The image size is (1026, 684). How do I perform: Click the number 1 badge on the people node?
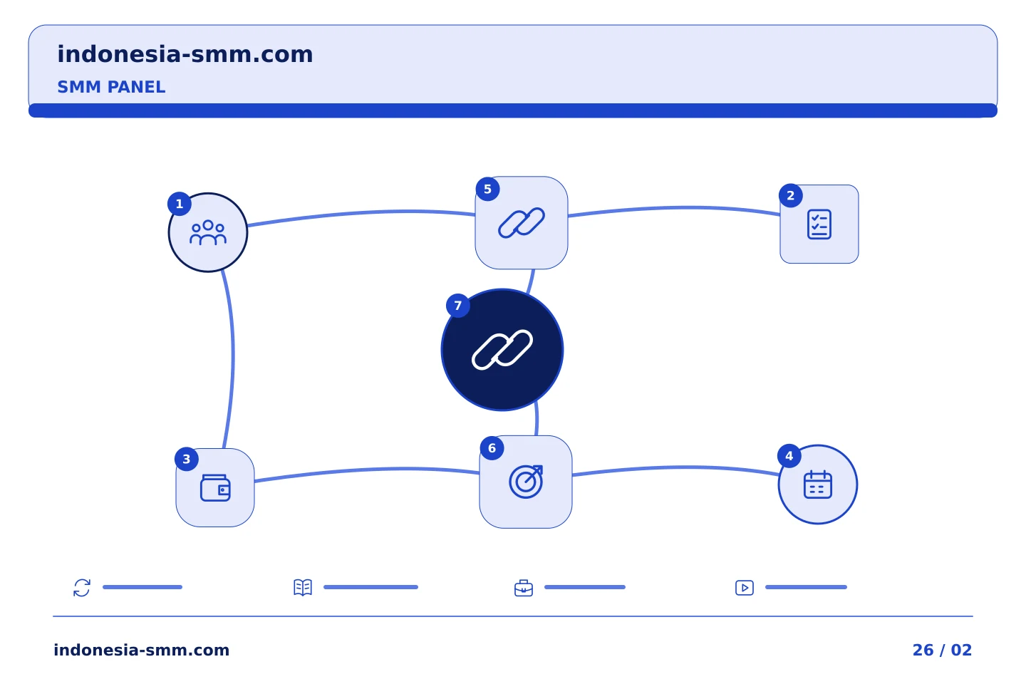click(x=180, y=204)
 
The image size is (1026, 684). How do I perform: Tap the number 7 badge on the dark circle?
click(x=458, y=306)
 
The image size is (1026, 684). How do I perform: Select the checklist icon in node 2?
click(x=819, y=224)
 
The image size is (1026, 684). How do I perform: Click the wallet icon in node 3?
click(x=215, y=487)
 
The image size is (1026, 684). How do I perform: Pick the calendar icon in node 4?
click(x=818, y=484)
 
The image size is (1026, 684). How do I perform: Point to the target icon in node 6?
click(x=526, y=482)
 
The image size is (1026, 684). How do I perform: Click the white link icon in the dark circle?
click(x=502, y=350)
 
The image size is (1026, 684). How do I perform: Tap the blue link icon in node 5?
click(x=522, y=223)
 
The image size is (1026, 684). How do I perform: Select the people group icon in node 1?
click(x=208, y=233)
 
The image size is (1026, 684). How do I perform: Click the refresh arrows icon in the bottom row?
click(x=82, y=587)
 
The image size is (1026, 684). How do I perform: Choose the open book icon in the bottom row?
click(x=303, y=587)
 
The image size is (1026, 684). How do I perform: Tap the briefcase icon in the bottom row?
click(x=524, y=588)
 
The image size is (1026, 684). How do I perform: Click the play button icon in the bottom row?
click(x=745, y=588)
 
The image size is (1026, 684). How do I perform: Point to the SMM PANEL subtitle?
click(x=111, y=87)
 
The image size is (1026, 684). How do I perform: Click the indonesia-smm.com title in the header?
click(x=185, y=54)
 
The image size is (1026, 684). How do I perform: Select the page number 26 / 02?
click(x=942, y=650)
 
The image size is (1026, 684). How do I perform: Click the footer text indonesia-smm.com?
click(x=142, y=650)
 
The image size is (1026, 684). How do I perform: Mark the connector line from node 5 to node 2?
click(x=674, y=208)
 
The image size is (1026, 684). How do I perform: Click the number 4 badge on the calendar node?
click(x=789, y=456)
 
